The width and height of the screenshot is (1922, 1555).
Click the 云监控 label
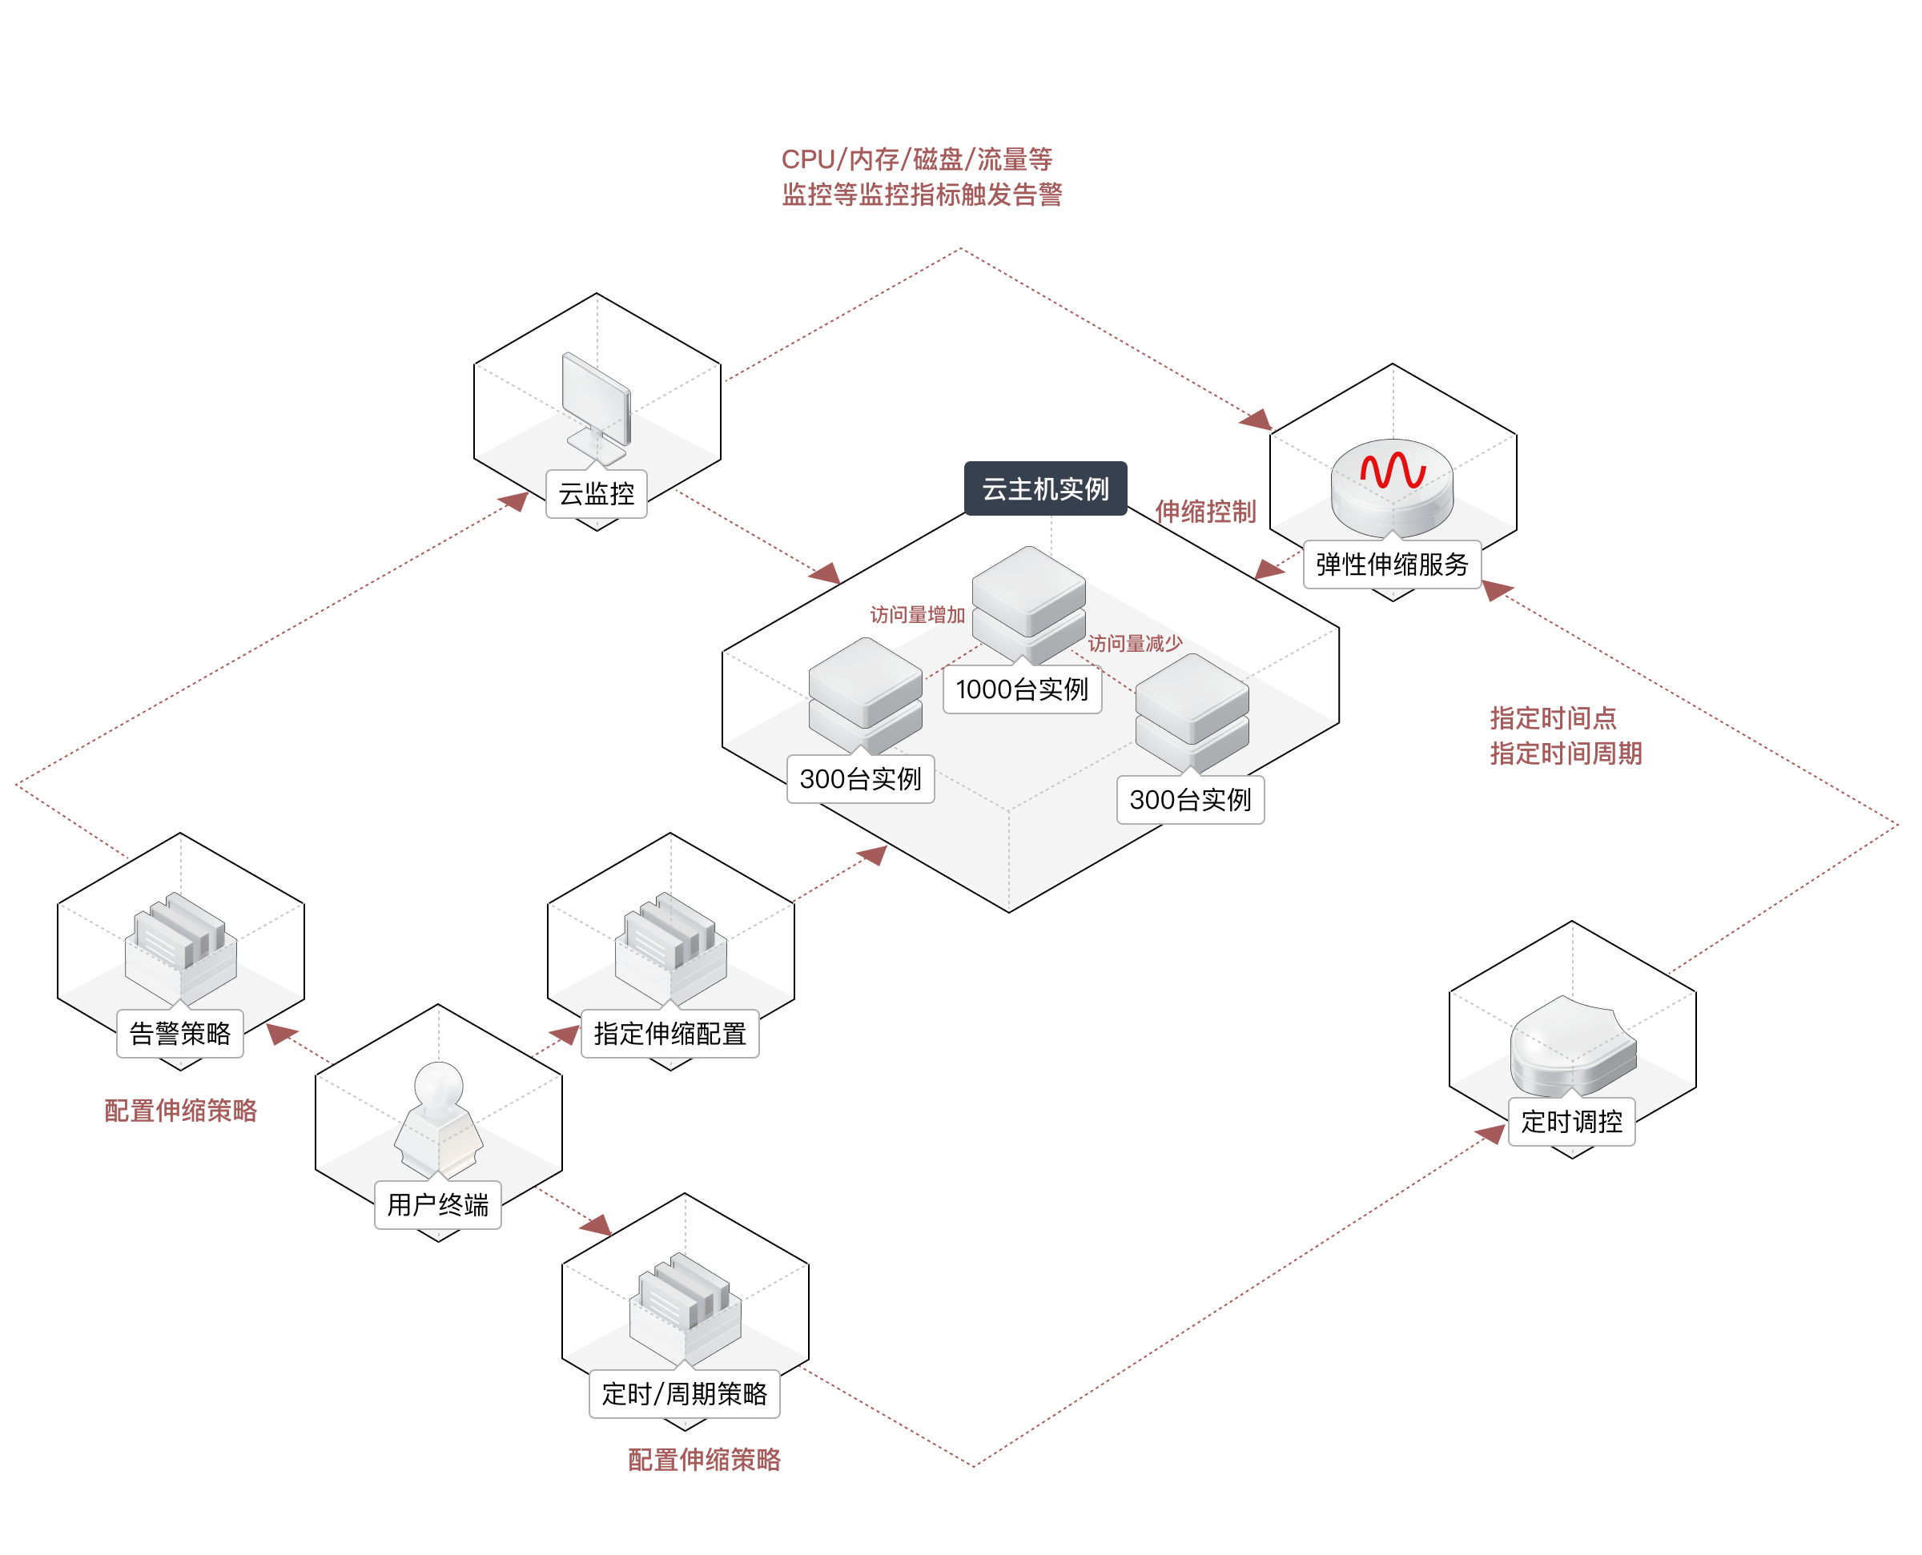tap(597, 493)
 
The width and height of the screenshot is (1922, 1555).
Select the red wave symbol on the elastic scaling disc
tap(1393, 469)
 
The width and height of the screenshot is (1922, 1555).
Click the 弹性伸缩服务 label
tap(1392, 565)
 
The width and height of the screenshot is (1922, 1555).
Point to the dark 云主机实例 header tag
tap(1045, 489)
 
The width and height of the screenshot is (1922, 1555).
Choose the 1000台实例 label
tap(1022, 689)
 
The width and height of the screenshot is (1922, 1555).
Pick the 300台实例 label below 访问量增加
tap(860, 779)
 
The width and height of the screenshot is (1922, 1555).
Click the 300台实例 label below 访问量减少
tap(1190, 800)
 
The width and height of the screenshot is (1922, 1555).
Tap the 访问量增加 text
tap(917, 614)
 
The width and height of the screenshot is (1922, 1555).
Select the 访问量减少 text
tap(1135, 643)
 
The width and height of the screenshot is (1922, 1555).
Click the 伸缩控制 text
tap(1204, 512)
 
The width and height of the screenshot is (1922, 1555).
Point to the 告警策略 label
tap(180, 1034)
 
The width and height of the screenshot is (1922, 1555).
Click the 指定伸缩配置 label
tap(670, 1034)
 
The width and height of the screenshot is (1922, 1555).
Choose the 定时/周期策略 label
tap(684, 1394)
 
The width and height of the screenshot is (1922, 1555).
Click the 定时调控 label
tap(1572, 1122)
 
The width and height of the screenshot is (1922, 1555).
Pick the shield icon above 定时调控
tap(1573, 1043)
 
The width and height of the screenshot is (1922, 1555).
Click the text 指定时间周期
tap(1566, 753)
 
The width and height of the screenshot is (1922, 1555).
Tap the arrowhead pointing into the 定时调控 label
tap(1490, 1134)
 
